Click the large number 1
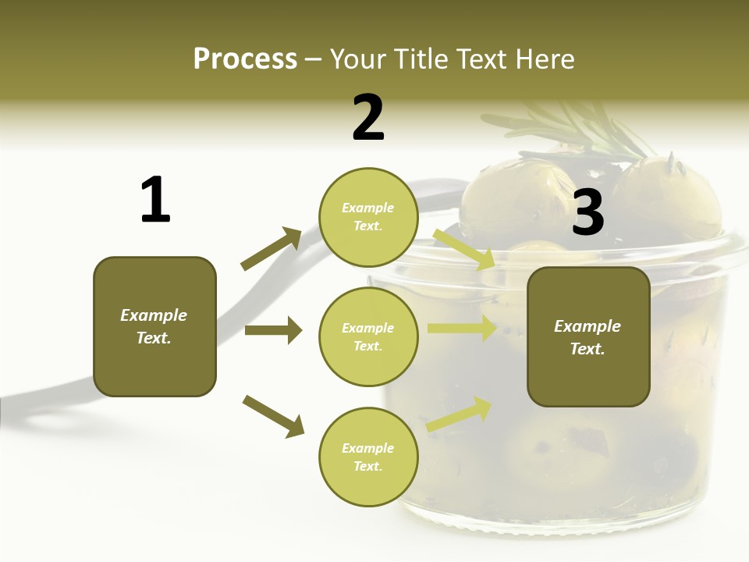pos(155,201)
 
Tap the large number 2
pos(368,118)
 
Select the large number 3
pos(588,212)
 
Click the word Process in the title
pos(245,59)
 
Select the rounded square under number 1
pos(154,326)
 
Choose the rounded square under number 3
pos(588,336)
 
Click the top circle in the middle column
pos(368,217)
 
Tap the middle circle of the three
pos(368,336)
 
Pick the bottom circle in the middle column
pos(368,457)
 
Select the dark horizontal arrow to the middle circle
pos(273,331)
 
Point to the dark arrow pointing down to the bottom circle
pos(273,415)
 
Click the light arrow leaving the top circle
pos(463,248)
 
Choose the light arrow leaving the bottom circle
pos(460,414)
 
